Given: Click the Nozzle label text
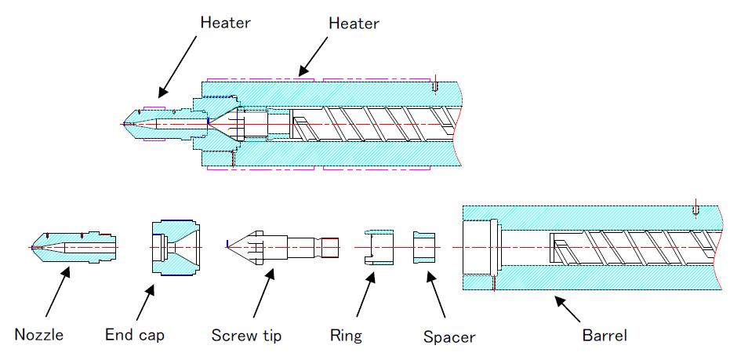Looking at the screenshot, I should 38,335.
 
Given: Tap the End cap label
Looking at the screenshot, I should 135,335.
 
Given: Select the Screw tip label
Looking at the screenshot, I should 246,336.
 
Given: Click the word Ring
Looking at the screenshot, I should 346,336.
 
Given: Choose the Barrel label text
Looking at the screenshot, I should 605,336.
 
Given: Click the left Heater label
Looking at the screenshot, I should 225,22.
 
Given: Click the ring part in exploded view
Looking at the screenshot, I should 380,247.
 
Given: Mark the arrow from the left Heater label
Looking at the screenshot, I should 178,67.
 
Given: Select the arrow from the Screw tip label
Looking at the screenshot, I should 263,294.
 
